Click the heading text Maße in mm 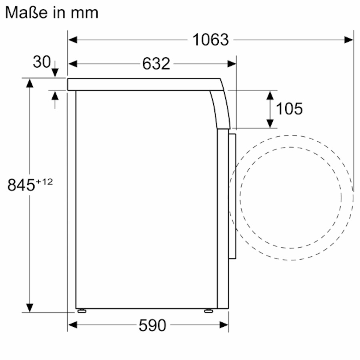52,12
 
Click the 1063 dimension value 210,40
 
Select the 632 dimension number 156,64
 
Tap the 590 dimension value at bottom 152,326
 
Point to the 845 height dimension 21,185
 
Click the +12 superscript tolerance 44,182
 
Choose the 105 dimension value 289,108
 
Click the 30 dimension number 42,62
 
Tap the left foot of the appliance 82,310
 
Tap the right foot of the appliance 208,310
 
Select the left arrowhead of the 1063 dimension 72,40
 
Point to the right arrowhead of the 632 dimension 232,64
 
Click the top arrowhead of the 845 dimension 30,83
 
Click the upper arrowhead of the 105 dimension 270,95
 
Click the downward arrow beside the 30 55,72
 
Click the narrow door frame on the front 232,196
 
